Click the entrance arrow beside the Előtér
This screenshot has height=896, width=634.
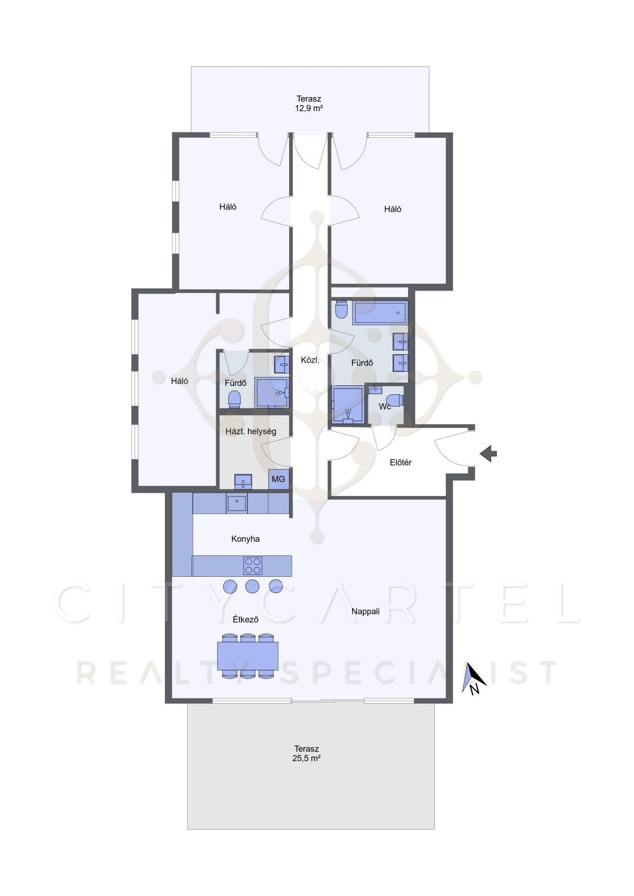tap(488, 454)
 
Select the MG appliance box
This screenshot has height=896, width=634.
tap(278, 479)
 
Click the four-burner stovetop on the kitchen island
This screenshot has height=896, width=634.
tap(253, 566)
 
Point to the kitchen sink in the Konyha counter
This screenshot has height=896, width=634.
tap(237, 504)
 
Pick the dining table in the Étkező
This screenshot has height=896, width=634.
tap(248, 656)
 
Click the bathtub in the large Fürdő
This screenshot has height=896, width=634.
tap(380, 313)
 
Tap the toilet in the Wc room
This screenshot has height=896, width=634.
tap(395, 400)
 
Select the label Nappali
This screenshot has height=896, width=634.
tap(366, 611)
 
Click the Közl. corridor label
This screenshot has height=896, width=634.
tap(310, 360)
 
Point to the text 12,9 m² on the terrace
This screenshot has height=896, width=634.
tap(309, 108)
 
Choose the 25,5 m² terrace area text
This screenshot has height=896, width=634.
tap(306, 758)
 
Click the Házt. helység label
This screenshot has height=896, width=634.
tap(251, 432)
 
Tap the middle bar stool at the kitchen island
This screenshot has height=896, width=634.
tap(253, 586)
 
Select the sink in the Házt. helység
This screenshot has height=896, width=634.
tap(243, 482)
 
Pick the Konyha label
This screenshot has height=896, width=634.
tap(246, 539)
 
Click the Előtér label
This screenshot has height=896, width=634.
tap(401, 462)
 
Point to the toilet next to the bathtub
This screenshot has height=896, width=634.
tap(342, 309)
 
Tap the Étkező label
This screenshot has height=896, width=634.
tap(246, 620)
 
